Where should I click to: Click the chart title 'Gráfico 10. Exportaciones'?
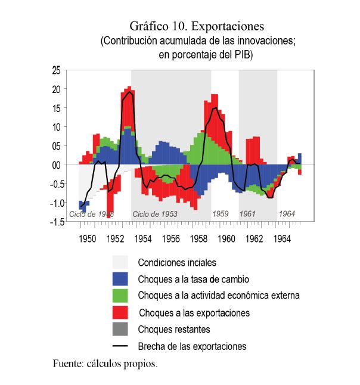197,27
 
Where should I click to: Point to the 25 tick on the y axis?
55,70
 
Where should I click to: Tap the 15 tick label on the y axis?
55,108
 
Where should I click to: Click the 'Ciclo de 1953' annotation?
155,214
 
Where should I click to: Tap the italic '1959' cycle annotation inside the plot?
221,214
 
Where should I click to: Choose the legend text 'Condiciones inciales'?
177,262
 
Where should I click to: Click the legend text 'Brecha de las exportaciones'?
192,346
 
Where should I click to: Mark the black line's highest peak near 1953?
130,92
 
